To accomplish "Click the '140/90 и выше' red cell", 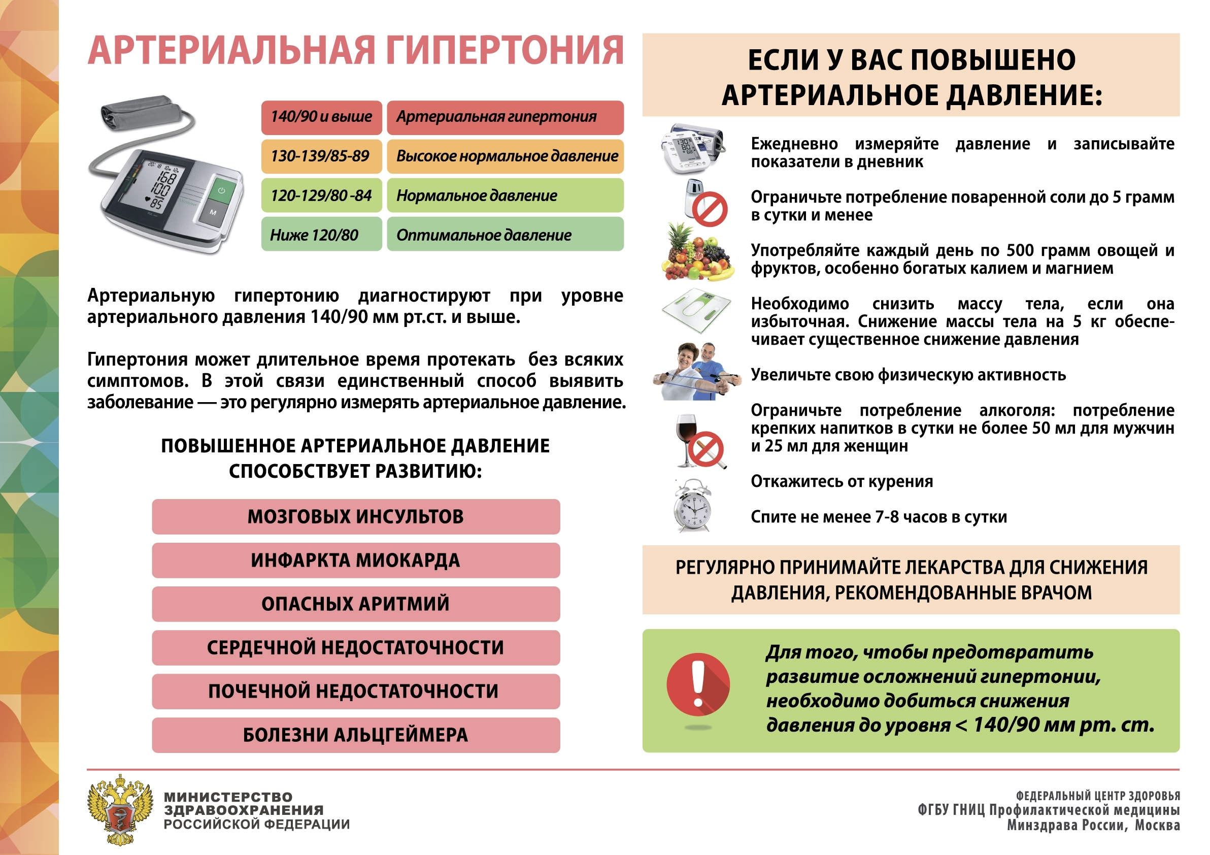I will tap(321, 117).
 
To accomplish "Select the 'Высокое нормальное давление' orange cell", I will tap(505, 156).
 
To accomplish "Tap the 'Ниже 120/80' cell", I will tap(321, 235).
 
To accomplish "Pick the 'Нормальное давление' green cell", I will tap(505, 195).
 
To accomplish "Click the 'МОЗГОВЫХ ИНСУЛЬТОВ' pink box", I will tap(356, 516).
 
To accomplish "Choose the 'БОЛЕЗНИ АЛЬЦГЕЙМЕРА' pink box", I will tap(356, 735).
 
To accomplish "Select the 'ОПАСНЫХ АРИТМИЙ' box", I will tap(356, 604).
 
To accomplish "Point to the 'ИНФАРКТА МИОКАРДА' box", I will tap(356, 561).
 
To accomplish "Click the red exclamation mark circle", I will tap(698, 684).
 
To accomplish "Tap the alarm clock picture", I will tap(692, 507).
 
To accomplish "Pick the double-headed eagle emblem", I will tap(120, 809).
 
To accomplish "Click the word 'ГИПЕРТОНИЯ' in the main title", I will tap(505, 51).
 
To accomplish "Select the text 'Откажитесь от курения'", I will tap(842, 482).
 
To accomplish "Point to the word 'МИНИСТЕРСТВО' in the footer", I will tap(228, 797).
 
